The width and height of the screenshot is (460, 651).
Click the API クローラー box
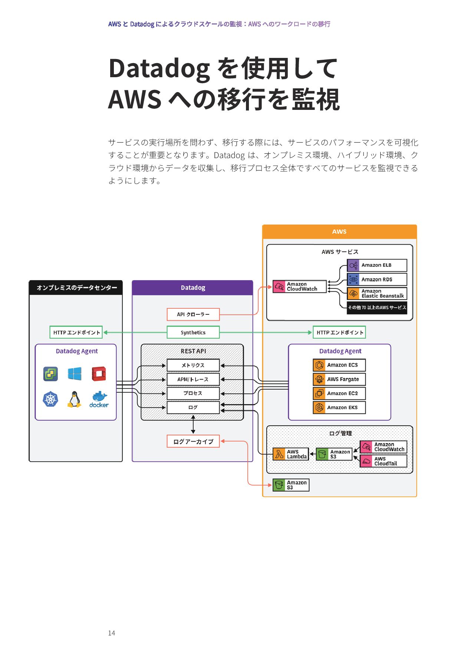193,314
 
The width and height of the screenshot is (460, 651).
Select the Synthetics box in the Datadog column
193,333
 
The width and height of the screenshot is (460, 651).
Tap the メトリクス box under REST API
193,365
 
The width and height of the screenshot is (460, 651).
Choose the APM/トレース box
193,379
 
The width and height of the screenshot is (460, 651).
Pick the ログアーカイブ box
193,441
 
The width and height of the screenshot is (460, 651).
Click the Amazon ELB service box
377,265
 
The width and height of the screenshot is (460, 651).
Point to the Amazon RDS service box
377,279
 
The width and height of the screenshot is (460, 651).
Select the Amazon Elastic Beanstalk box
377,294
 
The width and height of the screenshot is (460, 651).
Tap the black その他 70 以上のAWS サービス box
377,307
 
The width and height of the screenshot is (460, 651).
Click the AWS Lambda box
291,454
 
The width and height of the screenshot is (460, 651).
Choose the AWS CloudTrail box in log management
383,461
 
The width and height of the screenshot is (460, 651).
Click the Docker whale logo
99,399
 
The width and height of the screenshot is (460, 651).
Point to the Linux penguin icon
75,399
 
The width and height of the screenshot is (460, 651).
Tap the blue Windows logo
75,374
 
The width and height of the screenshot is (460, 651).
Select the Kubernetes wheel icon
50,399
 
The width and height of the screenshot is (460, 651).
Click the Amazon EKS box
339,408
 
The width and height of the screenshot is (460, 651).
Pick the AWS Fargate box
339,379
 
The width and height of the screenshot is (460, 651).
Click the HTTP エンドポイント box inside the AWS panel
339,333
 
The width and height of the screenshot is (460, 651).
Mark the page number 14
112,633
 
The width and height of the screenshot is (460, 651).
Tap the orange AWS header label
339,232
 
